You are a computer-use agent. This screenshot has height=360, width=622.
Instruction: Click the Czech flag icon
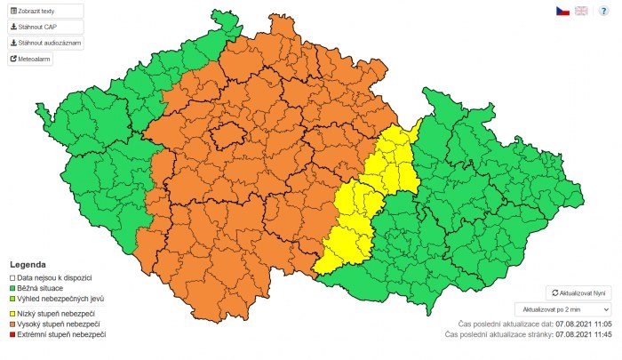coord(562,11)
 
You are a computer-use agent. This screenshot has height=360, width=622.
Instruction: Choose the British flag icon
coord(581,11)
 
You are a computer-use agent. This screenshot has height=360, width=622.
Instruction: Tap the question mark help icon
coord(603,11)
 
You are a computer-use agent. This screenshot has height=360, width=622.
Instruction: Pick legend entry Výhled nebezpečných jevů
coord(60,298)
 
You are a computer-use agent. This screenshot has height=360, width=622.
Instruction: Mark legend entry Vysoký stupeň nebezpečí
coord(60,324)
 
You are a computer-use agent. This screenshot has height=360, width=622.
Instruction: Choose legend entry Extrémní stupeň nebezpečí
coord(61,334)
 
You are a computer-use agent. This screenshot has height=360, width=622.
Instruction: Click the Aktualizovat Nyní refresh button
coord(578,292)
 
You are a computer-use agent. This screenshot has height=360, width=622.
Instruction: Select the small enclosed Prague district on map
coord(227,135)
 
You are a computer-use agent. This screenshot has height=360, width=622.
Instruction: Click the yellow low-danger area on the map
coord(355,213)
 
